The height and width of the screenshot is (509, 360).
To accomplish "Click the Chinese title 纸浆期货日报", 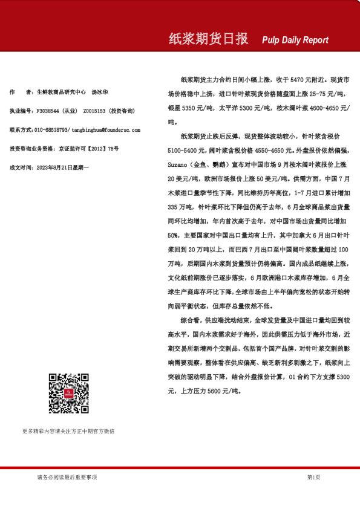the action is pyautogui.click(x=208, y=39).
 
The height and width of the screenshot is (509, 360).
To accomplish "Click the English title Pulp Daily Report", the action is pyautogui.click(x=295, y=40).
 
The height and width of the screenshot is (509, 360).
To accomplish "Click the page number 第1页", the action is pyautogui.click(x=313, y=477).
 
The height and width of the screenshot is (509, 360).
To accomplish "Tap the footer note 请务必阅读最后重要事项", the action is pyautogui.click(x=67, y=477).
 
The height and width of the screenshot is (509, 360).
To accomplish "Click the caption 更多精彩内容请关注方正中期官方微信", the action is pyautogui.click(x=68, y=432).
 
